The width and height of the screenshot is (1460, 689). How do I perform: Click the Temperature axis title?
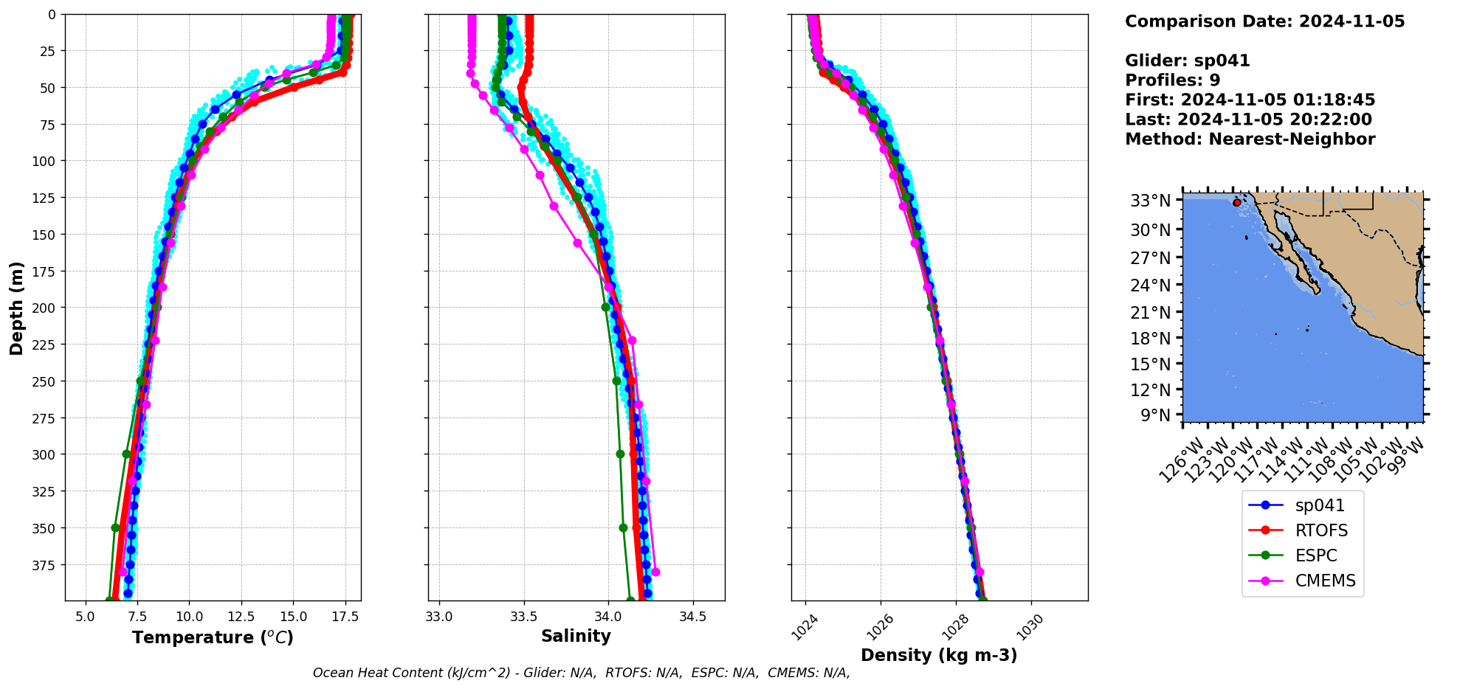point(213,637)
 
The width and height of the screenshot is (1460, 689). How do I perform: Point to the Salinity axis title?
point(576,637)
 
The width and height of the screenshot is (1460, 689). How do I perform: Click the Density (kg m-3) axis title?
point(939,655)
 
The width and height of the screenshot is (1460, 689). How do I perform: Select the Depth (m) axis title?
point(17,308)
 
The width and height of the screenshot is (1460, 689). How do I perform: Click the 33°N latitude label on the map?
point(1151,201)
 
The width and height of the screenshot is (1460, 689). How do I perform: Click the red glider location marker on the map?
point(1237,202)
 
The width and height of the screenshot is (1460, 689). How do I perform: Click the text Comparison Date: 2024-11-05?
point(1264,21)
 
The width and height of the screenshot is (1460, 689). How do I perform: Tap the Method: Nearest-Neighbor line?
point(1250,139)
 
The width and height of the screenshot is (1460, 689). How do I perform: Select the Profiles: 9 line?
point(1172,80)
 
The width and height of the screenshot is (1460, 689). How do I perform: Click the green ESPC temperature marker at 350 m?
point(115,527)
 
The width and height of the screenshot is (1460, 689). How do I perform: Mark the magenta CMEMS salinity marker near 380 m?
point(655,572)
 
